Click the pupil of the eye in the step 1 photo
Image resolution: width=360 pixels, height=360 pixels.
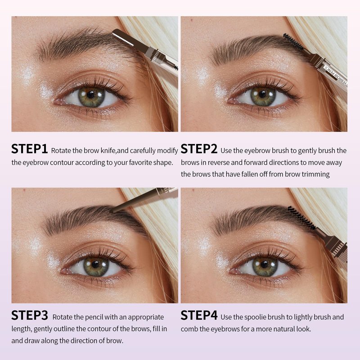91,94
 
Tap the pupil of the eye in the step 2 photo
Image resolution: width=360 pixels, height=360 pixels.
262,94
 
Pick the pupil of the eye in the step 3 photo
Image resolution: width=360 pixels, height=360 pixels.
95,265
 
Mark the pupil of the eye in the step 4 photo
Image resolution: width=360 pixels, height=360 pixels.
265,265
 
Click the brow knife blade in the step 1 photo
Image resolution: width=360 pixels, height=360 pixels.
123,39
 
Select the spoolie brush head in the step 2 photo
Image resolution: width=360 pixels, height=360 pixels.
293,42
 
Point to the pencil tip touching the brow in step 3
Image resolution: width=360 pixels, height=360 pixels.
112,211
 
